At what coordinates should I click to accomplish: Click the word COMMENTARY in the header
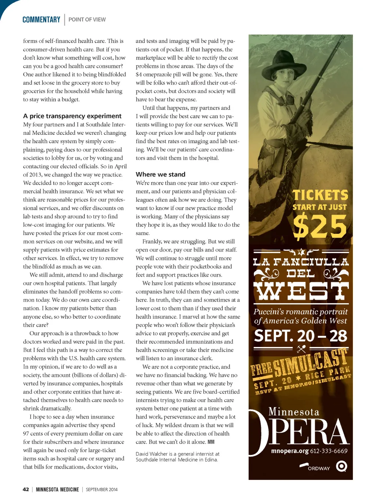pos(41,19)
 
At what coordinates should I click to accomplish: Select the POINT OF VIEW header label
pos(87,19)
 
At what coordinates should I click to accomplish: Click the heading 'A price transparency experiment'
pos(72,116)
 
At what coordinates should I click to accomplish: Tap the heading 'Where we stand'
pos(160,174)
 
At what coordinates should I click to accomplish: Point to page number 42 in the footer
pos(26,489)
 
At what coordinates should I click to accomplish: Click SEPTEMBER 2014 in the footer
pos(102,489)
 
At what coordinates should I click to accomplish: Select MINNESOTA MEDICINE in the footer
pos(57,489)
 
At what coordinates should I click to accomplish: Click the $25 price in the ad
pos(320,227)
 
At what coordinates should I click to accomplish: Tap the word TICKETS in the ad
pos(320,195)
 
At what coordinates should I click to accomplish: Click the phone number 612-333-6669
pos(329,451)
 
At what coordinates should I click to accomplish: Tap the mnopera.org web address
pos(289,451)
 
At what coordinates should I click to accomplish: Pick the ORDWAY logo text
pos(318,468)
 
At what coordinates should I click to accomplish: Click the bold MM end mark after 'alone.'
pos(211,442)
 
